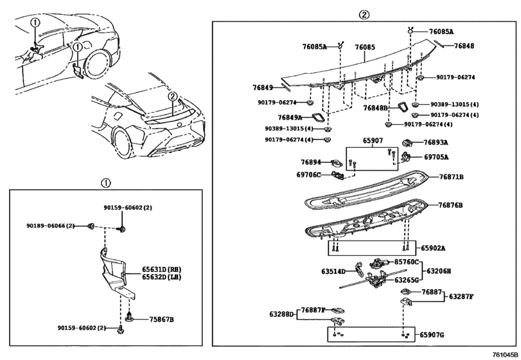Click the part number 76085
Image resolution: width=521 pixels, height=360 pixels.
(x=364, y=47)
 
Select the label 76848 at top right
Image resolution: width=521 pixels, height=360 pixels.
(x=464, y=46)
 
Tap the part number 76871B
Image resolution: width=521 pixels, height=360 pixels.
(x=450, y=176)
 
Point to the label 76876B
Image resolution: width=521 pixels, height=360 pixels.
(x=450, y=205)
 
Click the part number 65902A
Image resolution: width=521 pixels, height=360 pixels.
(x=433, y=248)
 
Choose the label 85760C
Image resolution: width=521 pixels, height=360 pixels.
(x=407, y=262)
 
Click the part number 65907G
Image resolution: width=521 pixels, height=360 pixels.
(x=432, y=335)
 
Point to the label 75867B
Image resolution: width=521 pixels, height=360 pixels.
(x=161, y=319)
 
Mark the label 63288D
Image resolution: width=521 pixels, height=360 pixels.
(x=281, y=314)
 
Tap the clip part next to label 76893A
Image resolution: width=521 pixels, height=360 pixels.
(x=409, y=142)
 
